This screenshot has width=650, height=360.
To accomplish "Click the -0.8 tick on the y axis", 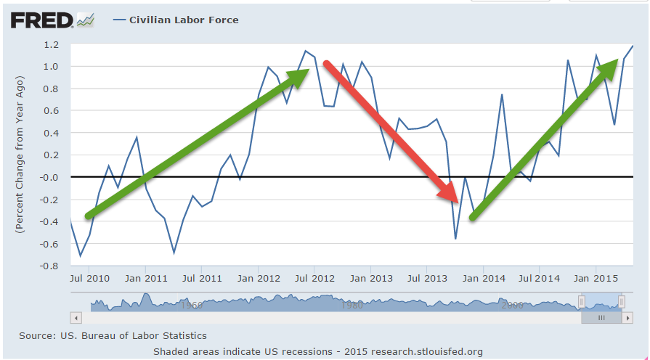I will point(48,266).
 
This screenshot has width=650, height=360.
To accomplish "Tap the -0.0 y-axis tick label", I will point(48,177).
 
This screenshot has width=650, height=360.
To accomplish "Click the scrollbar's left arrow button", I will point(76,318).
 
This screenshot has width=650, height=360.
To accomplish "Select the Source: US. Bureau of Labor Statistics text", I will point(113,336).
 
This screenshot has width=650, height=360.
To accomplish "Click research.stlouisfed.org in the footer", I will point(427,352).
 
